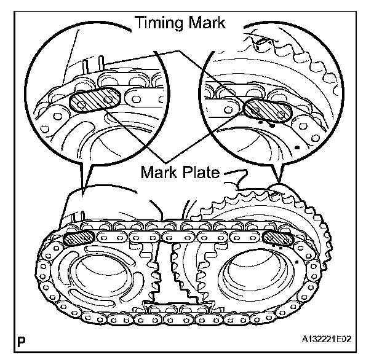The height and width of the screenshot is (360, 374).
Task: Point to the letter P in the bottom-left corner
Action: point(23,339)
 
